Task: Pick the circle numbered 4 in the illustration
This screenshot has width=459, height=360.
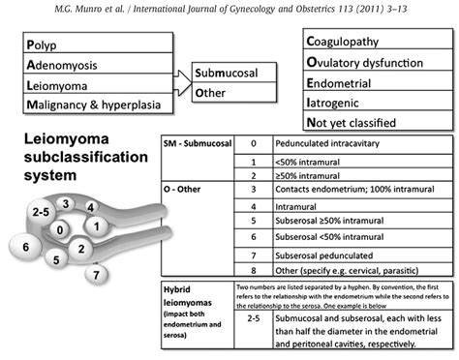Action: click(89, 207)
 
